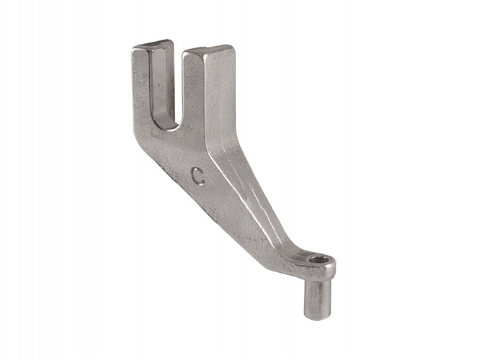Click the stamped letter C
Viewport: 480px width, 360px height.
coord(198,176)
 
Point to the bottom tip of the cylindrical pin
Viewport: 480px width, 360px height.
coord(316,320)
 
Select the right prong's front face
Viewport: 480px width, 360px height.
coord(193,91)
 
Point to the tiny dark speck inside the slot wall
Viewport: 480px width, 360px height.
coord(159,85)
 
